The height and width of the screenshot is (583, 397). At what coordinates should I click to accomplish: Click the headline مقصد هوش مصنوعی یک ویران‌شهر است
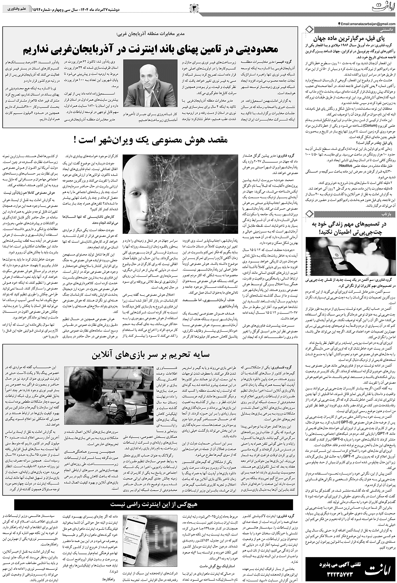(152, 140)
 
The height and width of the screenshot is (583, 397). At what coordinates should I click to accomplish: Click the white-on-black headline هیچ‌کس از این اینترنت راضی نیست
(155, 485)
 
